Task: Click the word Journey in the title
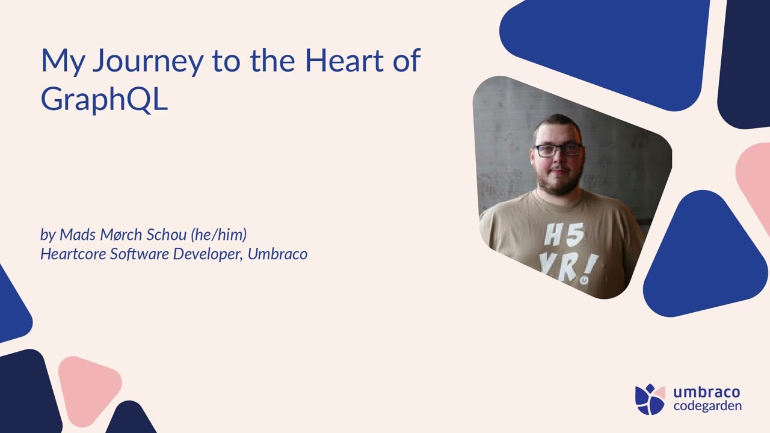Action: click(148, 61)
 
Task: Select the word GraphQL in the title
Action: click(104, 99)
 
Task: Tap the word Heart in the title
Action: click(344, 61)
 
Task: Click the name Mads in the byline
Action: click(78, 235)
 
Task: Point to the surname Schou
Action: click(167, 235)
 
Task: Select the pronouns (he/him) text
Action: click(218, 235)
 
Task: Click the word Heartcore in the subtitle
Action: click(73, 254)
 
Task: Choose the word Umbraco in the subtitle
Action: click(277, 254)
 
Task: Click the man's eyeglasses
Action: click(558, 150)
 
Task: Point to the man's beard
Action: click(559, 182)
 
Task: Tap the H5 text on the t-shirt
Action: click(564, 235)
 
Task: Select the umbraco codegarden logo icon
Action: click(650, 399)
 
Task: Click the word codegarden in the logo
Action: click(707, 407)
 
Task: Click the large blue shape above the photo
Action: click(605, 52)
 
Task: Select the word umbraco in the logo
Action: click(707, 392)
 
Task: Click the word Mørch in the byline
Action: click(121, 235)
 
